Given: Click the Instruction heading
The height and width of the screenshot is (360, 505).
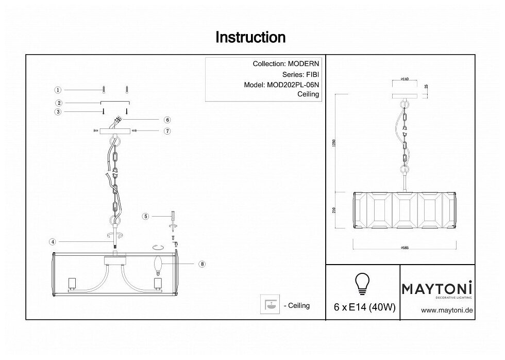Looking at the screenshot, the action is pyautogui.click(x=250, y=37).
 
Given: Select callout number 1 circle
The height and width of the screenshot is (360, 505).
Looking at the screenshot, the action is pyautogui.click(x=58, y=89).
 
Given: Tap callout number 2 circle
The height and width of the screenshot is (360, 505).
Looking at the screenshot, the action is pyautogui.click(x=58, y=103).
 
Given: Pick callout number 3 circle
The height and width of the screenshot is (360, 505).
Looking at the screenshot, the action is pyautogui.click(x=58, y=111).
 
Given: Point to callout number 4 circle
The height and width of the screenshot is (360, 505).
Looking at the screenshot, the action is pyautogui.click(x=53, y=241).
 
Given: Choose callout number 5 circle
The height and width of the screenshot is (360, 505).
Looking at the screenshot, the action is pyautogui.click(x=146, y=217).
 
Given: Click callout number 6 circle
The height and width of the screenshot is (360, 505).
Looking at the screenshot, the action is pyautogui.click(x=167, y=120).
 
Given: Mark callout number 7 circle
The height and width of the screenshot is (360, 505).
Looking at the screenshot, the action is pyautogui.click(x=167, y=131).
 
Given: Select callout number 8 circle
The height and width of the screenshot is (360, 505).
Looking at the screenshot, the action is pyautogui.click(x=202, y=264).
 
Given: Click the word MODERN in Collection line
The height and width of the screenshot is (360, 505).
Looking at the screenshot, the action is pyautogui.click(x=303, y=64).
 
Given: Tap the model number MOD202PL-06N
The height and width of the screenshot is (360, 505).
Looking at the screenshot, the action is pyautogui.click(x=293, y=85).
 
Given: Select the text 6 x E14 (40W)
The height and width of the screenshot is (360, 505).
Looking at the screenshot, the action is pyautogui.click(x=362, y=308).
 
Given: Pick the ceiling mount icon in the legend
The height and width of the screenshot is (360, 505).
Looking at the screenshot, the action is pyautogui.click(x=267, y=305).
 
